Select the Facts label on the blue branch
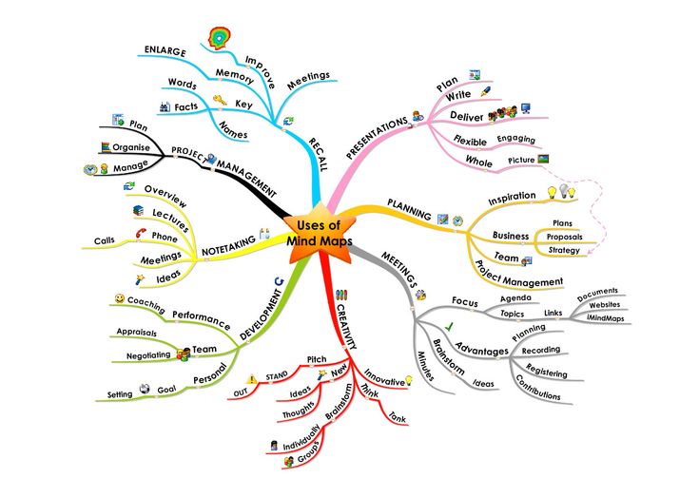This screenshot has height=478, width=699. [186, 106]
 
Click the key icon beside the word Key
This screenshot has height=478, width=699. [218, 99]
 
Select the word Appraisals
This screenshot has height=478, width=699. [137, 333]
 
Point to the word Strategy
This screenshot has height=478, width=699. [564, 249]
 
